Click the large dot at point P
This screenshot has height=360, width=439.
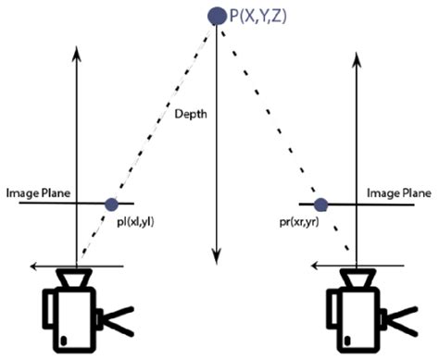216,15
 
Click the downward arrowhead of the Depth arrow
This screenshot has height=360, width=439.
216,254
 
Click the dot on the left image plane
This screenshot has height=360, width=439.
111,204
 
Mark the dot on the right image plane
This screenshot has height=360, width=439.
321,204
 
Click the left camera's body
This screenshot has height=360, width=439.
70,315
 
